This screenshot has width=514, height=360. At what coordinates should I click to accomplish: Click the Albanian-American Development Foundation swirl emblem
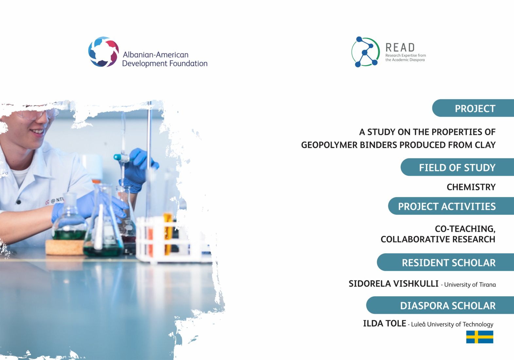(x=103, y=52)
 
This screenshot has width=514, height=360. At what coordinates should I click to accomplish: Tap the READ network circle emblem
(x=365, y=52)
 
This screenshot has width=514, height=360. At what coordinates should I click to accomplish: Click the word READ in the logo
(x=400, y=47)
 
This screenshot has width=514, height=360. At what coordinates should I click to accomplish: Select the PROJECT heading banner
(x=473, y=108)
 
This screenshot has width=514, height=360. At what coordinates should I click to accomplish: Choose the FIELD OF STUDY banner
(x=457, y=167)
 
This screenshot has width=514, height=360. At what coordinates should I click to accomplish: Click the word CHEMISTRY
(x=471, y=187)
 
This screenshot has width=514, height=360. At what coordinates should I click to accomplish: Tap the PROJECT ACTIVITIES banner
(x=451, y=206)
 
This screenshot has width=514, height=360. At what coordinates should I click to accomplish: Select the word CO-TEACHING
(x=465, y=229)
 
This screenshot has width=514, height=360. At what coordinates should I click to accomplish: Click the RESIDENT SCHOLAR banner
(x=445, y=262)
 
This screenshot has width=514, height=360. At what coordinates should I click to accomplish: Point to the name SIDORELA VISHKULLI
(x=394, y=284)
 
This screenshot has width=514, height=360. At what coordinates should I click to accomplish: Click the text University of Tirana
(x=470, y=285)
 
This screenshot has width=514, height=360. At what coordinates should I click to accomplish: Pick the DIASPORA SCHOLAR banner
(x=440, y=305)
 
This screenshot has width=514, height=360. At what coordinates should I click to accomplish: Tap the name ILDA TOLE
(x=384, y=323)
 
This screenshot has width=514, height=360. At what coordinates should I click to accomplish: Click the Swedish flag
(x=480, y=337)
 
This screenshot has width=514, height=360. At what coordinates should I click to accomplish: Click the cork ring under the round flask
(x=65, y=247)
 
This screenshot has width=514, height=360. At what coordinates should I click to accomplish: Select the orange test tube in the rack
(x=168, y=233)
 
